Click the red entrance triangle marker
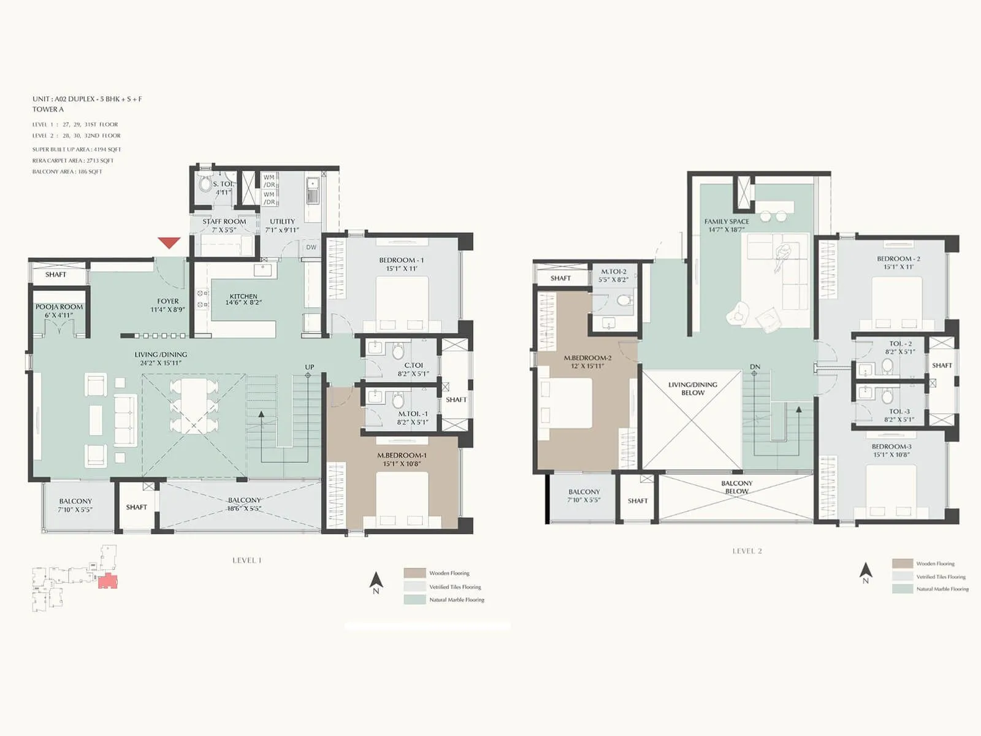[169, 243]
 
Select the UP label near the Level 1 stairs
[310, 367]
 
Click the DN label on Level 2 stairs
[755, 367]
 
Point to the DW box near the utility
[311, 247]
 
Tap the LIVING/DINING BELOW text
[693, 388]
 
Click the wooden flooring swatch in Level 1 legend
[414, 573]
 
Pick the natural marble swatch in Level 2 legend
[903, 589]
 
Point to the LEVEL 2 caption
[747, 551]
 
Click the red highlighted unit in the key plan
[107, 581]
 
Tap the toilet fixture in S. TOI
[205, 185]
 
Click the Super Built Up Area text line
[77, 149]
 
